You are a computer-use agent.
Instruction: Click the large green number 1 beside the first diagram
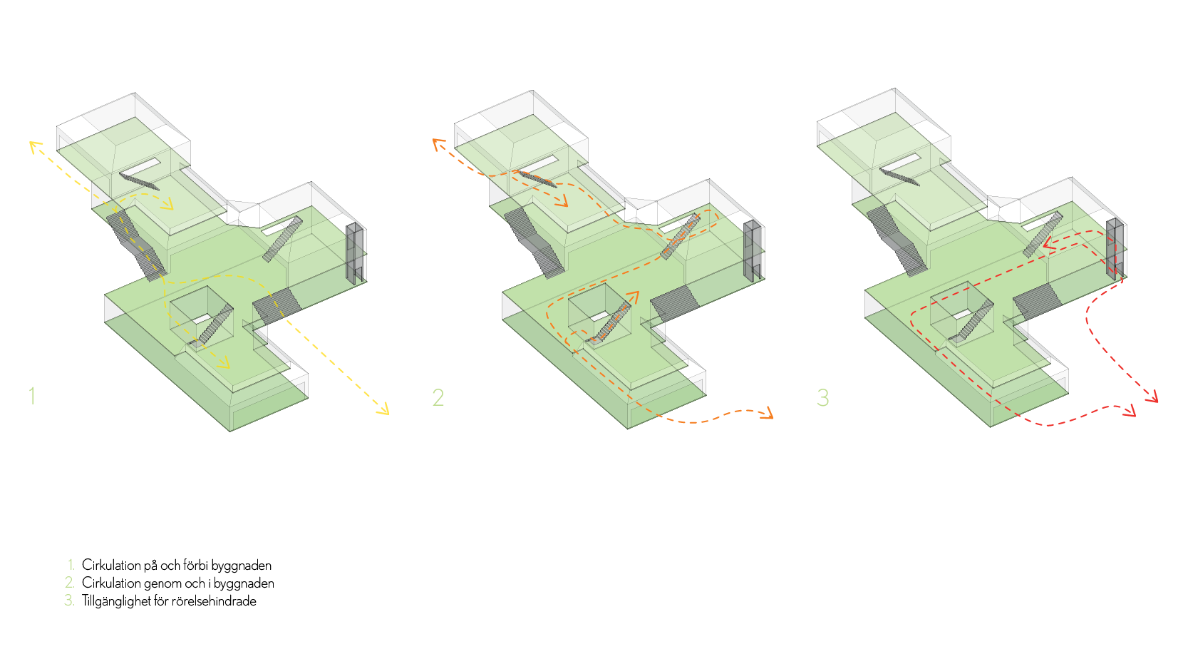(31, 396)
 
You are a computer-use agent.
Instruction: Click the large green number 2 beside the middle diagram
(438, 397)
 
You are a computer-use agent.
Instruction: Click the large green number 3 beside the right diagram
(822, 397)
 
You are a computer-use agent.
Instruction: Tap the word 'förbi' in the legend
(195, 566)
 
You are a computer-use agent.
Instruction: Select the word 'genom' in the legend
(162, 583)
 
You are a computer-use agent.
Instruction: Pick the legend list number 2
(69, 583)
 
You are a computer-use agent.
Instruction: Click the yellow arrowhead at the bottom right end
(385, 410)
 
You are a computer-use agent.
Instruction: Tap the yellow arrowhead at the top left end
(33, 145)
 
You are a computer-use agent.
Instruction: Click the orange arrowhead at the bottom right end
(768, 414)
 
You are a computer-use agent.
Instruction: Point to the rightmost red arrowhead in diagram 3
(1153, 398)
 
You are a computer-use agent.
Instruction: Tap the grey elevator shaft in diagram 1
(355, 253)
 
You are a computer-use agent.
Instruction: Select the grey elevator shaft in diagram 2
(753, 250)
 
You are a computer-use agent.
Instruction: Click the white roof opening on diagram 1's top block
(141, 166)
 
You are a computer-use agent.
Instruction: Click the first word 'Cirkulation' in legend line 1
(111, 566)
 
